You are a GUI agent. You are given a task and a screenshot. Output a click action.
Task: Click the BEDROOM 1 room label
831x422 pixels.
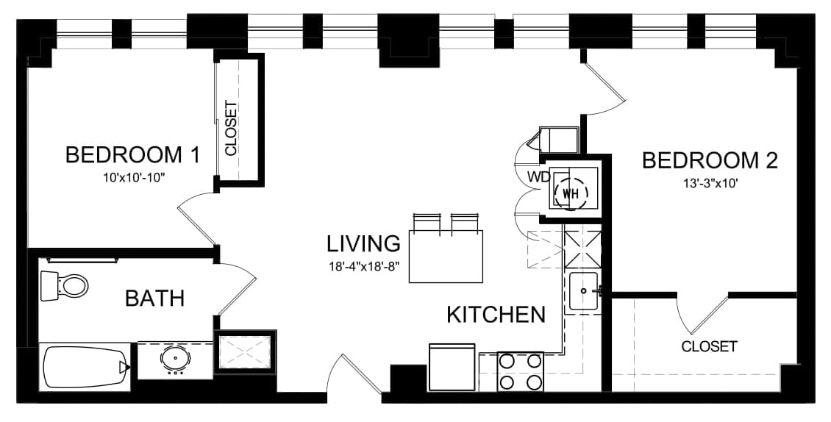(x=132, y=155)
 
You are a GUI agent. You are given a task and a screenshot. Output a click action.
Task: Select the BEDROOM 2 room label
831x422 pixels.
(x=710, y=160)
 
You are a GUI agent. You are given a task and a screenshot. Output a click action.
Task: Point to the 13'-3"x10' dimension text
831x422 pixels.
(x=710, y=185)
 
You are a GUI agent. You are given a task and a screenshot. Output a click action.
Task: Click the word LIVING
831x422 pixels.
(x=363, y=243)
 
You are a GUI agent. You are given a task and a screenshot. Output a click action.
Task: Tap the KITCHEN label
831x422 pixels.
(x=496, y=315)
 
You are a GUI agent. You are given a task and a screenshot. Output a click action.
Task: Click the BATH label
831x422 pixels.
(x=154, y=298)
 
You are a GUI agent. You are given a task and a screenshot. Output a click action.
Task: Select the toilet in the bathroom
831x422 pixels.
(x=63, y=286)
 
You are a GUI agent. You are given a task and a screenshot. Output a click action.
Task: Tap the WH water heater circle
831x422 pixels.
(x=571, y=193)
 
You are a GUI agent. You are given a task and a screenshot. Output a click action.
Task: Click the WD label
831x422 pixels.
(x=538, y=177)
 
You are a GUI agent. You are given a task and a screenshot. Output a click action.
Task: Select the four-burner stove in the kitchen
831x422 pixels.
(x=520, y=371)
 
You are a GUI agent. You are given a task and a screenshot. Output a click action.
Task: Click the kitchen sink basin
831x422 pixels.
(x=583, y=290)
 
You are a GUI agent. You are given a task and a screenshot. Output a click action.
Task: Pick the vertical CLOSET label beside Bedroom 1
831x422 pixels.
(x=231, y=129)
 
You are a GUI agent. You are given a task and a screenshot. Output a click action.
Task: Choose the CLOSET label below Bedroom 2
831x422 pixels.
(x=709, y=347)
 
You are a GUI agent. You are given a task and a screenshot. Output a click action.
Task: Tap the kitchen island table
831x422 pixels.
(x=446, y=257)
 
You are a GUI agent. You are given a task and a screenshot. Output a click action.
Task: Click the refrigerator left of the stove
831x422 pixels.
(x=452, y=368)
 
